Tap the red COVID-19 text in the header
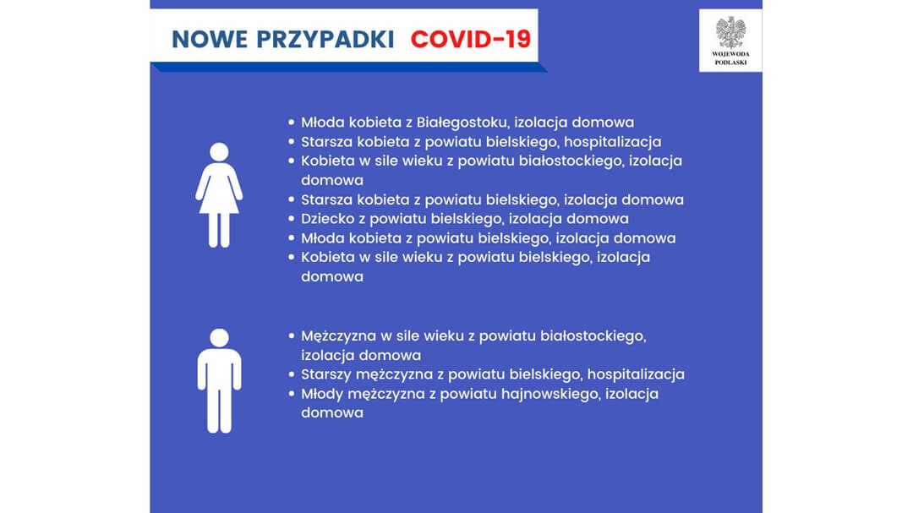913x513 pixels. pos(471,39)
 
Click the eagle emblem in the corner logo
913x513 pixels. pos(730,32)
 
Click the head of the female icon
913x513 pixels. pos(219,153)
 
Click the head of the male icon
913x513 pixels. pos(219,338)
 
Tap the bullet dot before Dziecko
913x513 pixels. pos(292,219)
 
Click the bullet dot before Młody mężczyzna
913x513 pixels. pos(292,394)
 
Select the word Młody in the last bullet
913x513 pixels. pos(321,394)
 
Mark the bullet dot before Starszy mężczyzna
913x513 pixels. pos(292,374)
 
